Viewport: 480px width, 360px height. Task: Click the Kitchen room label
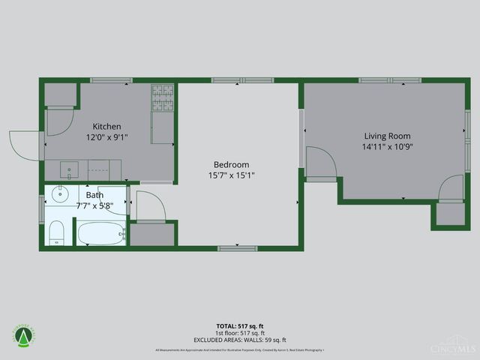coord(106,127)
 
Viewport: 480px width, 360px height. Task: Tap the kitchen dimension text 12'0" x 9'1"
coord(106,137)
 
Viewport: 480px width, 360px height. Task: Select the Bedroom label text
coord(231,165)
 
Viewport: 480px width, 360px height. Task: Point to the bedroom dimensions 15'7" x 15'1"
coord(231,175)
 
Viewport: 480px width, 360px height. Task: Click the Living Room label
coord(387,136)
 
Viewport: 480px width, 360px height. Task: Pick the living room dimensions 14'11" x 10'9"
coord(387,147)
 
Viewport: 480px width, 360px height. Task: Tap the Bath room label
coord(94,195)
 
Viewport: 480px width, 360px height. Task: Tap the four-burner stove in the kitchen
coord(162,96)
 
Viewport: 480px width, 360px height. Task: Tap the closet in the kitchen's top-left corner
coord(60,94)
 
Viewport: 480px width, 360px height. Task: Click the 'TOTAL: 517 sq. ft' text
coord(239,326)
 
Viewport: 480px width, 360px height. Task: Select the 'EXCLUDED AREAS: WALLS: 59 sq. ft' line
coord(239,339)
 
